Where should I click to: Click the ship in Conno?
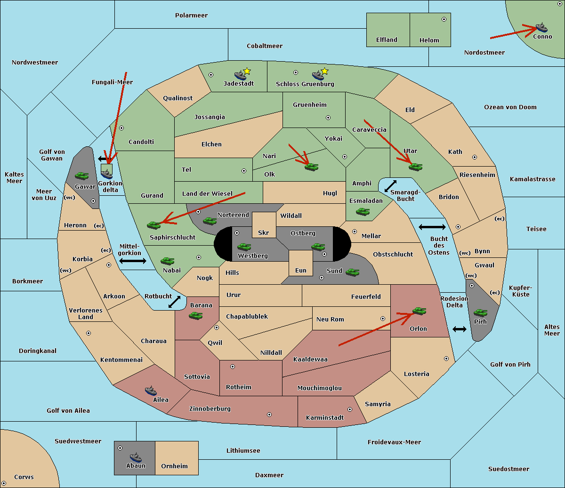(541, 27)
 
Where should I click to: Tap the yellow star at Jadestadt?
(247, 71)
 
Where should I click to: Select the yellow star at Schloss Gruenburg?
(324, 71)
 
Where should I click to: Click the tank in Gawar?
(82, 176)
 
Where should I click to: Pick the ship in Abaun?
(136, 457)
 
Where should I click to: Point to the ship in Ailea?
(151, 391)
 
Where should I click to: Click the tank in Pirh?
(480, 313)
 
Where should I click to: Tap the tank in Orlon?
(419, 311)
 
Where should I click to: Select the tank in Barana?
(195, 315)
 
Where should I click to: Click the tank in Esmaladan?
(363, 212)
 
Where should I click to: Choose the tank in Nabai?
(167, 261)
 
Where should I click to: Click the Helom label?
(429, 40)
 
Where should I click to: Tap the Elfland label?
(387, 40)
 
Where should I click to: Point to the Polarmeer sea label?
(191, 16)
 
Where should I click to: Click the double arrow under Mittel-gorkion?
(133, 261)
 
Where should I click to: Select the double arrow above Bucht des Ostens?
(432, 227)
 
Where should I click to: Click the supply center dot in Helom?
(444, 19)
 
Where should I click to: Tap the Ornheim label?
(174, 466)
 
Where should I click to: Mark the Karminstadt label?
(325, 418)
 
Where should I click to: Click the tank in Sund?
(353, 272)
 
